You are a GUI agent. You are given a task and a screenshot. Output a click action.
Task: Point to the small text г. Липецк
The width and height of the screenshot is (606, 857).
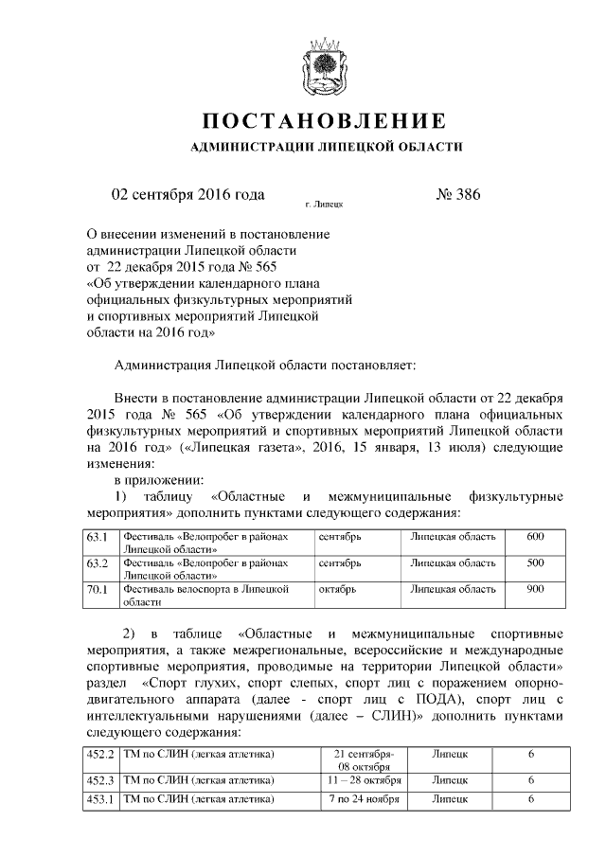pos(324,204)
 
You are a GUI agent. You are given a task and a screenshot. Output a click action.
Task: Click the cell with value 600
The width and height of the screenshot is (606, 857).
pos(535,537)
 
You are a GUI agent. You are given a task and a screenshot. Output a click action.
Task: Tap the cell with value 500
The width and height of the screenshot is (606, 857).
pos(535,563)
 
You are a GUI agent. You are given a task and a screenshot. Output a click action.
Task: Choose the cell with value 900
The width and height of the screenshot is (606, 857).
pos(535,589)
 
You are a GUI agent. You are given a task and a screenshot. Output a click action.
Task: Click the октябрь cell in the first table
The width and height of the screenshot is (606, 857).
pos(338,589)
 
